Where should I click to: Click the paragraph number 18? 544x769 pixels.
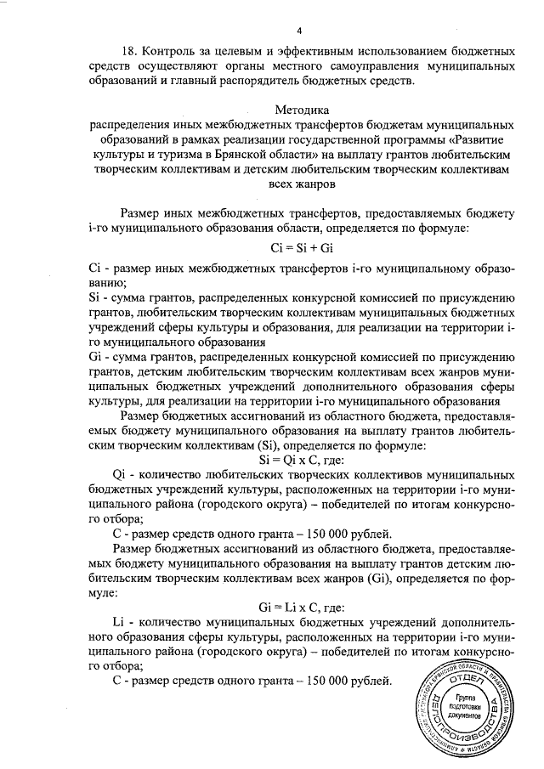tap(132, 50)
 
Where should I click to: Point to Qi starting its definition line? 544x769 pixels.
tap(121, 473)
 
